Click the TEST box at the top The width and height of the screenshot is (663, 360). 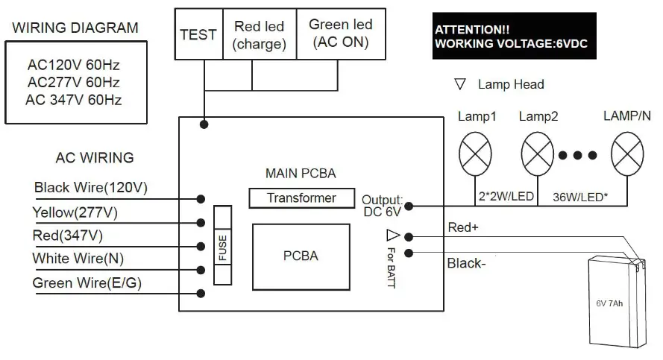tap(198, 35)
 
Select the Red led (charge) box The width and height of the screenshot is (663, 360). tap(259, 35)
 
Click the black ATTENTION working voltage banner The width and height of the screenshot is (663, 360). tap(515, 37)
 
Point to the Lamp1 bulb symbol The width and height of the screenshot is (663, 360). tap(474, 154)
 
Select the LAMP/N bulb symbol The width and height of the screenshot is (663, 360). tap(626, 154)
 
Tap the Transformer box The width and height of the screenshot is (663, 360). tap(301, 198)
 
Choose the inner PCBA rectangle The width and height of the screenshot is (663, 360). tap(301, 256)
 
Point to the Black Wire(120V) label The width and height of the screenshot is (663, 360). tap(90, 188)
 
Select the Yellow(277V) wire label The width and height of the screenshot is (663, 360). tap(75, 212)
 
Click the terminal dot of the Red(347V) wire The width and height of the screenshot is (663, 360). tap(201, 247)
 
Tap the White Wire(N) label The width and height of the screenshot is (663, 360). tap(78, 259)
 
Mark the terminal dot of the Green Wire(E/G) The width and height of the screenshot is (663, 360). tap(201, 293)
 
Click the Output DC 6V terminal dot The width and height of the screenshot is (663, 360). tap(409, 205)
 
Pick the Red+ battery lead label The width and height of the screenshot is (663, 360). tap(462, 227)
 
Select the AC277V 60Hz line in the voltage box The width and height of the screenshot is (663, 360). tap(73, 82)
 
